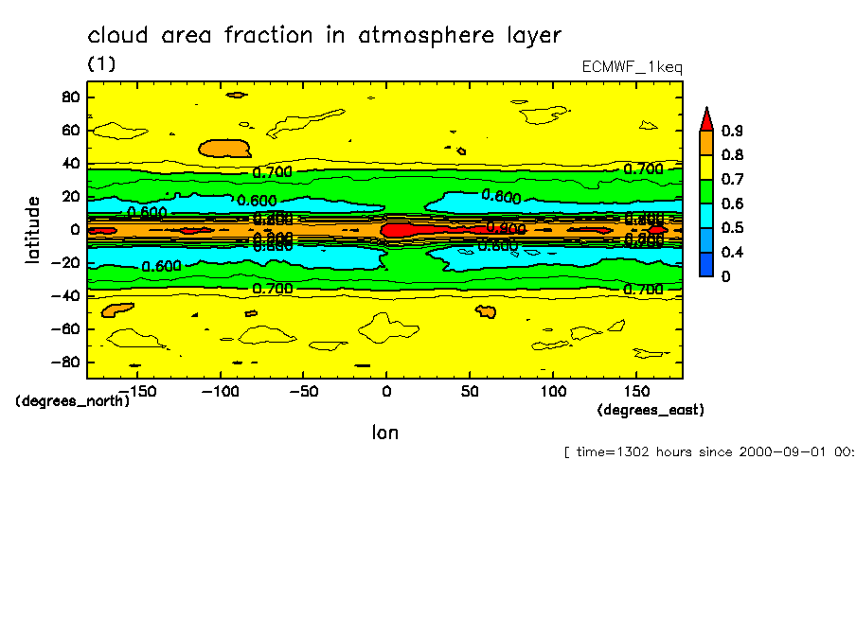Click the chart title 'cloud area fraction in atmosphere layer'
point(324,36)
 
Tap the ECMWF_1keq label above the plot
point(632,67)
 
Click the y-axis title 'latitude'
point(33,229)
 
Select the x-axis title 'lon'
point(384,433)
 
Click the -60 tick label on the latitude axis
point(66,328)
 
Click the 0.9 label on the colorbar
point(731,131)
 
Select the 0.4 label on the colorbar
point(731,252)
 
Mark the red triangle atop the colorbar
point(705,118)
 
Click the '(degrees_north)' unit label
point(73,400)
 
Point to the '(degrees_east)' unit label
point(651,410)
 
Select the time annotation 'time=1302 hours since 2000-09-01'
point(708,451)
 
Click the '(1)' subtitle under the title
point(101,63)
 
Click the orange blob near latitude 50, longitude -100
point(223,149)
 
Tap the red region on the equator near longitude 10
point(402,229)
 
